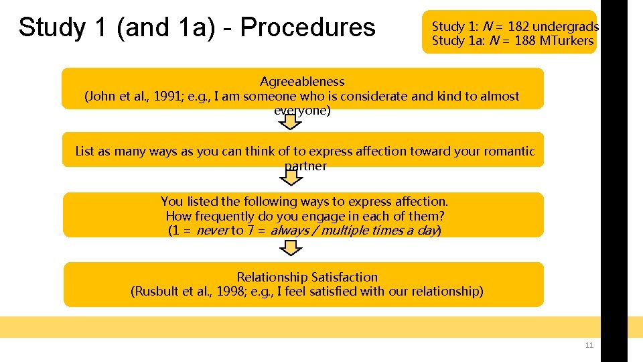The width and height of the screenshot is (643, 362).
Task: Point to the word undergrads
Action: pyautogui.click(x=566, y=27)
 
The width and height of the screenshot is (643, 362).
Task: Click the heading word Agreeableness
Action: pyautogui.click(x=302, y=82)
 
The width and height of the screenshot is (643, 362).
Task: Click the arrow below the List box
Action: pyautogui.click(x=290, y=177)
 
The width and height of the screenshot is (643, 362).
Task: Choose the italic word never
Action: pyautogui.click(x=212, y=231)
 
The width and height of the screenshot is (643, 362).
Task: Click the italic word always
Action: pyautogui.click(x=289, y=231)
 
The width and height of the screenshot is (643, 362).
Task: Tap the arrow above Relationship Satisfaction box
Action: pyautogui.click(x=290, y=248)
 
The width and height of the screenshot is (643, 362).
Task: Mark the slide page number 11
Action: pyautogui.click(x=589, y=346)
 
